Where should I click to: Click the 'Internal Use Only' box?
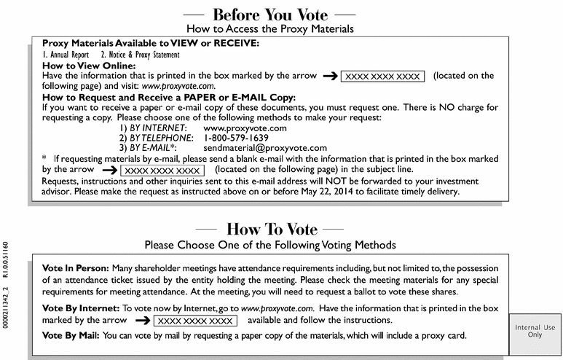pyautogui.click(x=535, y=332)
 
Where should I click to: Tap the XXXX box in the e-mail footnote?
pyautogui.click(x=162, y=171)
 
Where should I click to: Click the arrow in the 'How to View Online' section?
pyautogui.click(x=329, y=76)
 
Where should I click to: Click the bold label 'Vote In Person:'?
pyautogui.click(x=75, y=268)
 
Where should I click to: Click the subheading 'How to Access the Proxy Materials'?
pyautogui.click(x=269, y=29)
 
